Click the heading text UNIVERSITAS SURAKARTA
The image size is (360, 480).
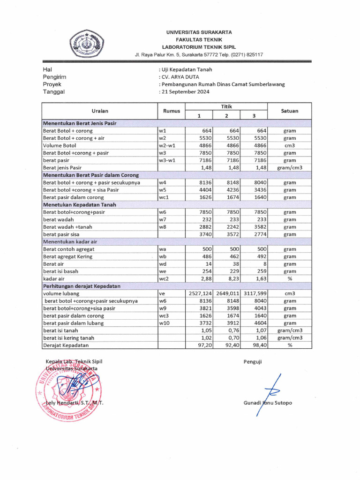[199, 32]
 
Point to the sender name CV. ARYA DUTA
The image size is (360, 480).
[180, 77]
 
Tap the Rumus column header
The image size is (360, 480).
[172, 111]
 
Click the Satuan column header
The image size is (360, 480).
[289, 111]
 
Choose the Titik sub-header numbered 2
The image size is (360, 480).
[226, 115]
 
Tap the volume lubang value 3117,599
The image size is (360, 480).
[254, 293]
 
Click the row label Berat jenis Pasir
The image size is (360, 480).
[62, 167]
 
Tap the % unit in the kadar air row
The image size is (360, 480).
[289, 278]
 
